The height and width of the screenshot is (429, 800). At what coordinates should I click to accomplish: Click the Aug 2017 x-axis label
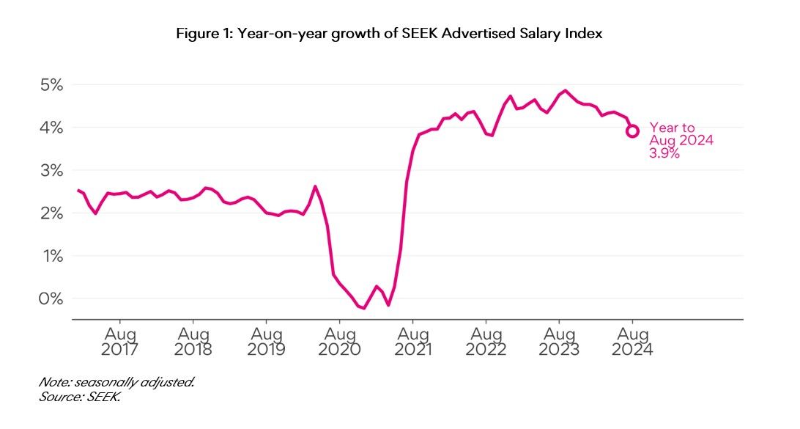(x=119, y=340)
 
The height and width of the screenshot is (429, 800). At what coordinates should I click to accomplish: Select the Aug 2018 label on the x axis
(x=193, y=340)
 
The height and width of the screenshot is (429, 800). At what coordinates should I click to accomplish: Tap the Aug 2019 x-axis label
(x=266, y=340)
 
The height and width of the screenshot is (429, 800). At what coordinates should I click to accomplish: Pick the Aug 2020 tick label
(x=339, y=340)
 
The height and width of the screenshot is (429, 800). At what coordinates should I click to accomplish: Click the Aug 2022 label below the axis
(x=486, y=340)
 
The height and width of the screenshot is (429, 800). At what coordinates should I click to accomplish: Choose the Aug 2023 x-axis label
(x=559, y=340)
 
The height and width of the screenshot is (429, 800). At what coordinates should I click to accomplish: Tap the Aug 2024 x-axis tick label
(x=632, y=340)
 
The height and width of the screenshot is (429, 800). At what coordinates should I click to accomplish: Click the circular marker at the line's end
(x=632, y=131)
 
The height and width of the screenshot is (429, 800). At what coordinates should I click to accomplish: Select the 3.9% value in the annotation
(x=664, y=154)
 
